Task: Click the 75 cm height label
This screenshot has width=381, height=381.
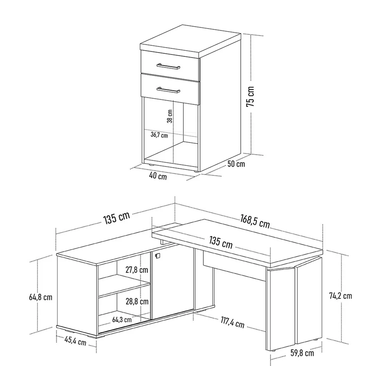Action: point(250,97)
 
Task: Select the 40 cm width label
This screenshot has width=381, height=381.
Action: point(158,176)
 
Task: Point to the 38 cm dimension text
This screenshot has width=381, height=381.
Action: point(170,116)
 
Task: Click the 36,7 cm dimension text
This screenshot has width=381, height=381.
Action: point(159,135)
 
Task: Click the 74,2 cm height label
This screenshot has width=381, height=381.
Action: point(341,296)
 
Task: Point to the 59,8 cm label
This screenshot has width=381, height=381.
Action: point(302,353)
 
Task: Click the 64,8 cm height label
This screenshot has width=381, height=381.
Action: point(41,297)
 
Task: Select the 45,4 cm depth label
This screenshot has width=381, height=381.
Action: point(75,341)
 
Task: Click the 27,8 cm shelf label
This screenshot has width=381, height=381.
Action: point(137,269)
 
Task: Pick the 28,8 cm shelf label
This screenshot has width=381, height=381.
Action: point(137,301)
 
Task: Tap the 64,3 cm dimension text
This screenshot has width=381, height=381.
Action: point(122,320)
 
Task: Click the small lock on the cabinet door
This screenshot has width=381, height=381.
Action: point(157,256)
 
